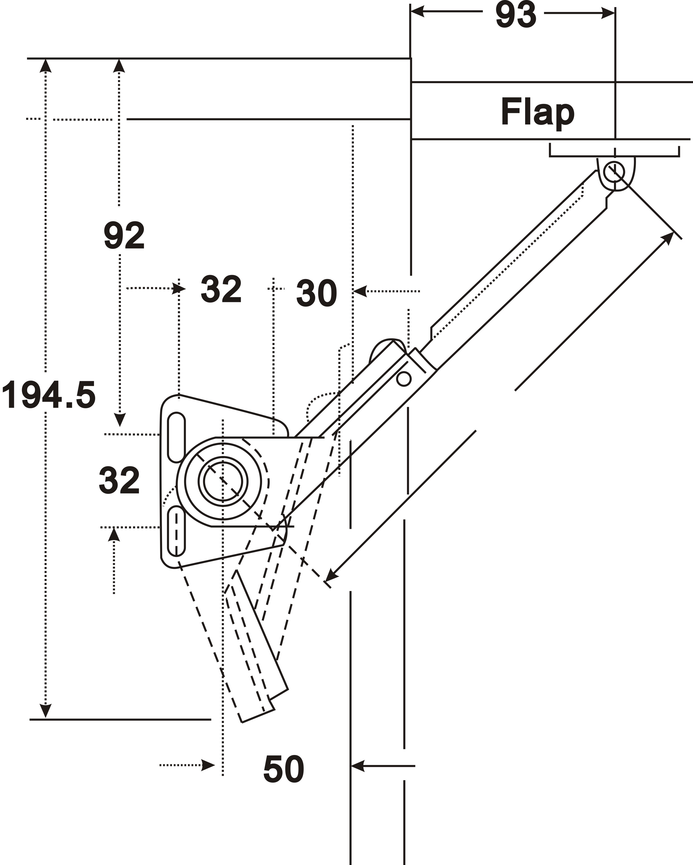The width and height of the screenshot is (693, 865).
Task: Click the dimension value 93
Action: pyautogui.click(x=516, y=15)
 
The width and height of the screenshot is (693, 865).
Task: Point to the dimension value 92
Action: pyautogui.click(x=124, y=236)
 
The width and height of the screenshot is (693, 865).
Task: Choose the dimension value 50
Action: pyautogui.click(x=283, y=769)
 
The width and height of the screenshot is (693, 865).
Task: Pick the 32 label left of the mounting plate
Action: pyautogui.click(x=119, y=480)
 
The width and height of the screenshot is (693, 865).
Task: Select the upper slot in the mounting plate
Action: pyautogui.click(x=176, y=437)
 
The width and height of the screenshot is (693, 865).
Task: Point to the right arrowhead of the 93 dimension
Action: pyautogui.click(x=608, y=13)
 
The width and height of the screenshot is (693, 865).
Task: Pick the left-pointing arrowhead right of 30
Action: pyautogui.click(x=360, y=291)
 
